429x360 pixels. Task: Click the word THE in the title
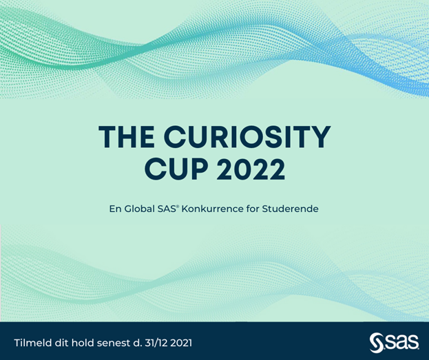click(127, 137)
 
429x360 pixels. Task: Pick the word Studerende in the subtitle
click(291, 209)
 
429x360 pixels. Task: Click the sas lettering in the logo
click(399, 341)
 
